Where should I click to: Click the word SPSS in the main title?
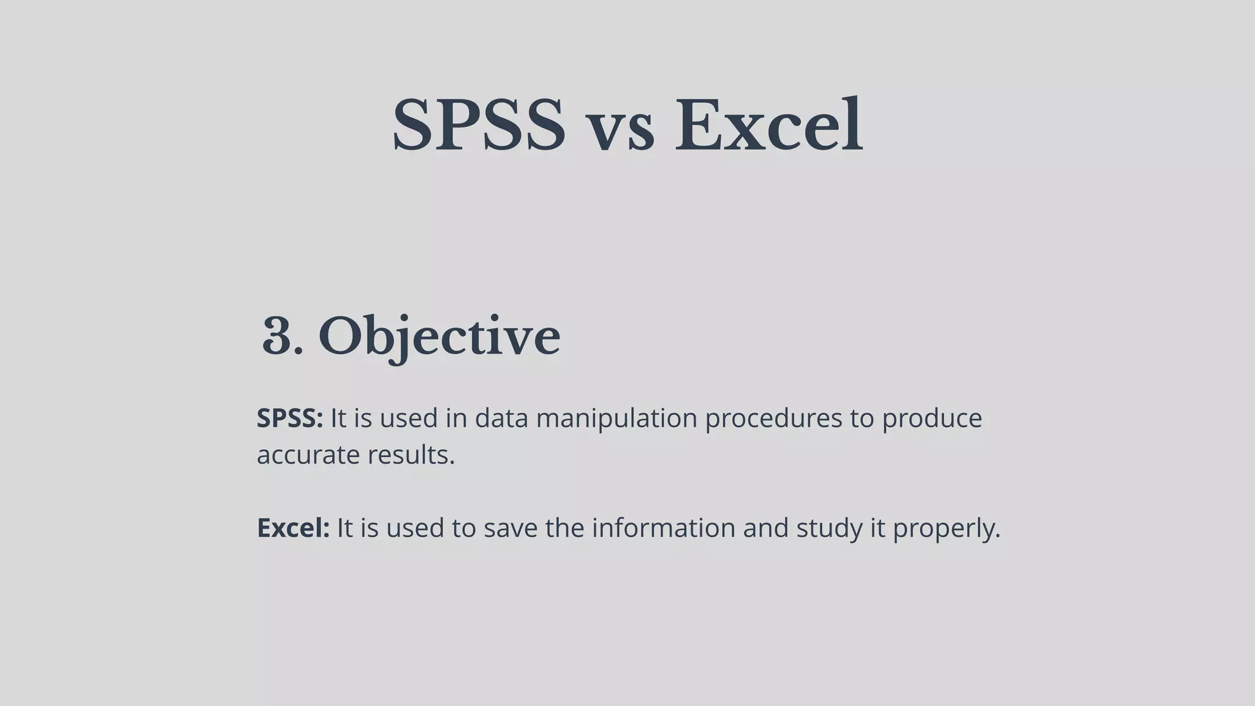point(478,126)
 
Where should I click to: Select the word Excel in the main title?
point(768,126)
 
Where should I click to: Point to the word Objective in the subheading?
point(439,337)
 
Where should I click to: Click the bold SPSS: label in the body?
point(289,419)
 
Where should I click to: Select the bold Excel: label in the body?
point(293,528)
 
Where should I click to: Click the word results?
point(411,455)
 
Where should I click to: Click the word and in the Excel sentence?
point(765,528)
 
